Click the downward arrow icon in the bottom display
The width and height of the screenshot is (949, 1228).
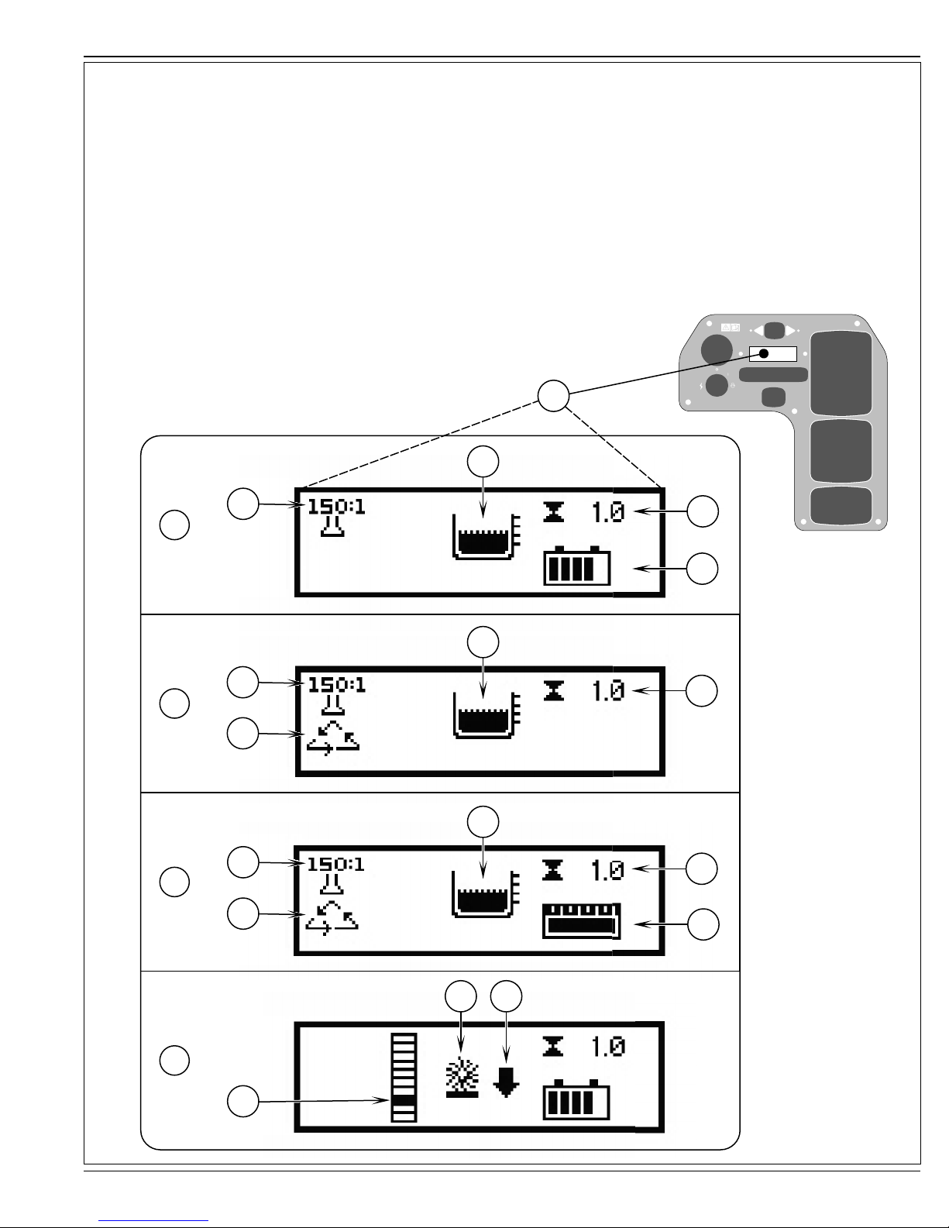pyautogui.click(x=506, y=1082)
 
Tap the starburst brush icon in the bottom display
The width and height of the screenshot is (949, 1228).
pyautogui.click(x=462, y=1077)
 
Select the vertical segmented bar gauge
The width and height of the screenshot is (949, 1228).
pyautogui.click(x=404, y=1077)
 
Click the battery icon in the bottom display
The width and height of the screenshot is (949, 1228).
pyautogui.click(x=576, y=1099)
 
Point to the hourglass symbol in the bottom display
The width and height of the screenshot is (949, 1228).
pyautogui.click(x=553, y=1046)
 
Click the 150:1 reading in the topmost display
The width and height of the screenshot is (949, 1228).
pyautogui.click(x=336, y=507)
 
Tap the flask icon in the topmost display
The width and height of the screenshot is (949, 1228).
pyautogui.click(x=332, y=526)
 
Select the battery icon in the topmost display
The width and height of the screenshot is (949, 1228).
pyautogui.click(x=576, y=566)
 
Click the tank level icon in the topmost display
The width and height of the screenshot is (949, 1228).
pyautogui.click(x=486, y=536)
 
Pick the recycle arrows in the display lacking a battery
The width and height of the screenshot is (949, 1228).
pyautogui.click(x=333, y=738)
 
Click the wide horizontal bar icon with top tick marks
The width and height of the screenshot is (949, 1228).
pyautogui.click(x=581, y=921)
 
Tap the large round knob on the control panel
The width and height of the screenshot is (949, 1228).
pyautogui.click(x=717, y=350)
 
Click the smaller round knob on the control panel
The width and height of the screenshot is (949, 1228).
pyautogui.click(x=717, y=385)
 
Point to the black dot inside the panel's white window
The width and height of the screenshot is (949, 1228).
pyautogui.click(x=764, y=354)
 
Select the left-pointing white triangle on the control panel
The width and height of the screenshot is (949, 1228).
pyautogui.click(x=758, y=331)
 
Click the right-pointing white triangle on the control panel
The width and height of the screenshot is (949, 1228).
pyautogui.click(x=791, y=331)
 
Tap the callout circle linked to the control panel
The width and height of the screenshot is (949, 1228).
pyautogui.click(x=553, y=396)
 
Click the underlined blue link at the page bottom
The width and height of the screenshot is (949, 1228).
pyautogui.click(x=153, y=1221)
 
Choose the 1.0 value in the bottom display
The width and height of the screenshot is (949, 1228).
pyautogui.click(x=608, y=1047)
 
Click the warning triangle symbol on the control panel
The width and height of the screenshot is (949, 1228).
pyautogui.click(x=727, y=327)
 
